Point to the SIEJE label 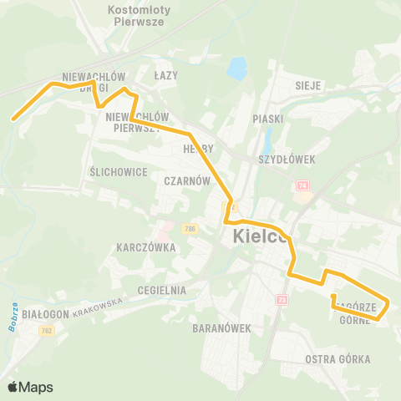308,85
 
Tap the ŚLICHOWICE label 119,172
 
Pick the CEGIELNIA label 161,290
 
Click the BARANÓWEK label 221,328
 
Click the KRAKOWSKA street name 98,307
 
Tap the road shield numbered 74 302,185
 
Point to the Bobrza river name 14,318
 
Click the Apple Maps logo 30,387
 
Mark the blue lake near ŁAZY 236,69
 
